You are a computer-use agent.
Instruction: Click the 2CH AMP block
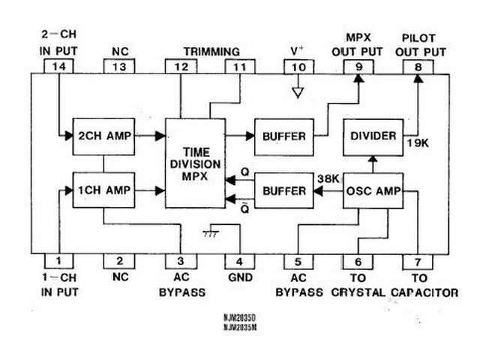coord(103,136)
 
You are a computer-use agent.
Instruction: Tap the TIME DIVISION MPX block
coord(194,163)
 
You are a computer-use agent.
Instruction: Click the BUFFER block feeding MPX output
coord(283,136)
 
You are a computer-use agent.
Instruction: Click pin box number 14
coord(58,67)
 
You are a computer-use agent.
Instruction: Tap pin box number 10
coord(298,67)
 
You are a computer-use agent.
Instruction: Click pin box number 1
coord(58,261)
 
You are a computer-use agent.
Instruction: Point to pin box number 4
coord(238,261)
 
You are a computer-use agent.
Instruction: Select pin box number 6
coord(358,261)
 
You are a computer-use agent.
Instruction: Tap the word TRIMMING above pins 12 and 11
coord(211,51)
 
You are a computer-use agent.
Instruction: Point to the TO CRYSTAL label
coord(358,292)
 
